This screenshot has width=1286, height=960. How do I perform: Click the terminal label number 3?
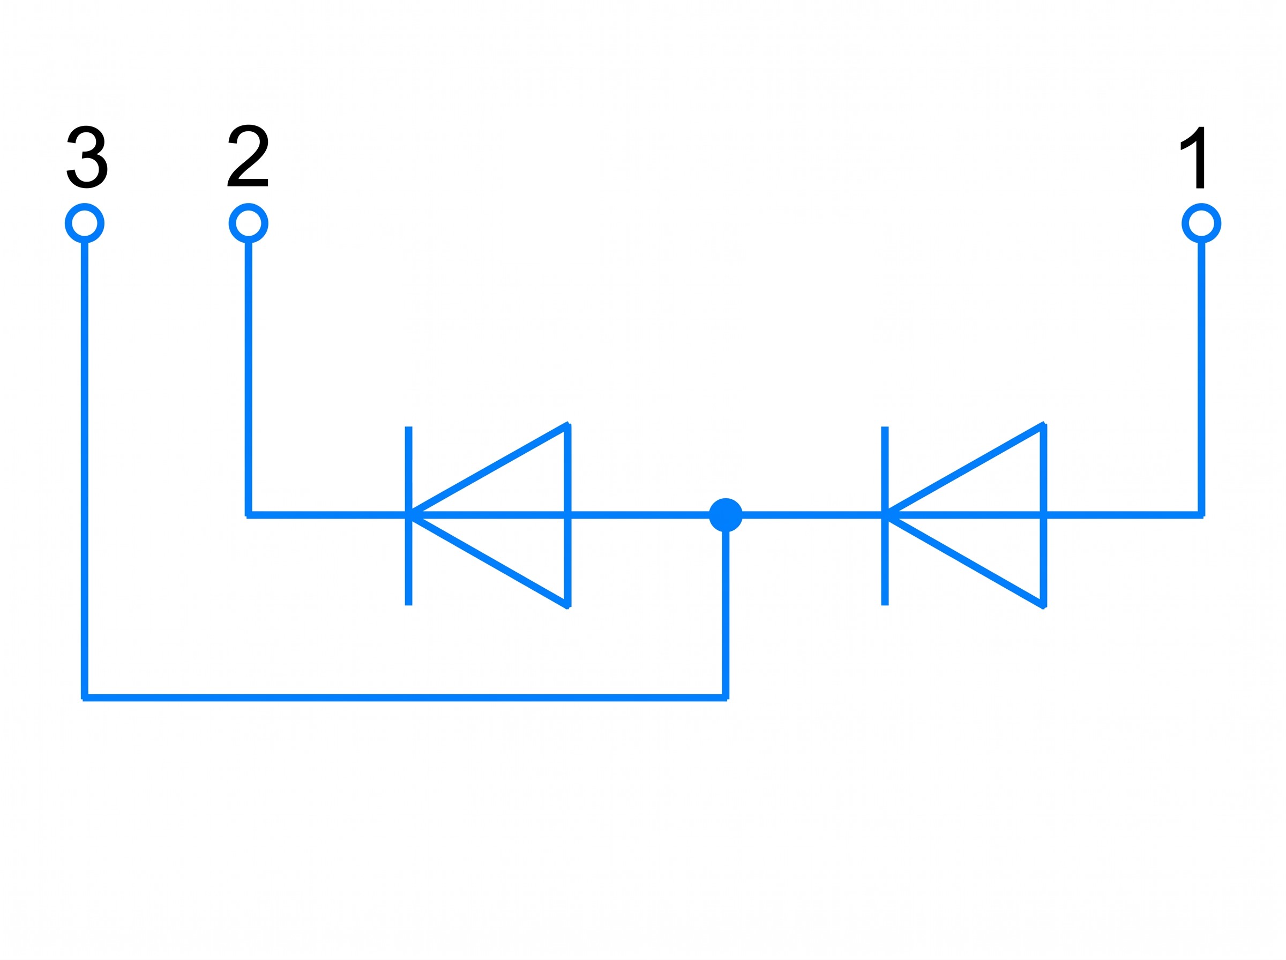87,157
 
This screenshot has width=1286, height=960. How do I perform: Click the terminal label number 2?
248,156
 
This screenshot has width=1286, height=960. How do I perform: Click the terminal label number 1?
1192,157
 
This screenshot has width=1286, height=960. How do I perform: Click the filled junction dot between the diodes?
726,515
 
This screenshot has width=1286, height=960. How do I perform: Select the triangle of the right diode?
1044,515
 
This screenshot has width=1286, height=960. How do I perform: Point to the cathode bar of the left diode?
408,515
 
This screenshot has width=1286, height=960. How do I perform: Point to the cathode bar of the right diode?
885,515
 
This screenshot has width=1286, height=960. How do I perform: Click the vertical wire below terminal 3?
85,469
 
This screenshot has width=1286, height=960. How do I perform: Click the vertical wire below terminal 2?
249,378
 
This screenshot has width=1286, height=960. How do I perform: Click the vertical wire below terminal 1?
1202,378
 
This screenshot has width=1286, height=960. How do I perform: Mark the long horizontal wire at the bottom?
405,697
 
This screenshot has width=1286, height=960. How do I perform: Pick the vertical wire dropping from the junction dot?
726,614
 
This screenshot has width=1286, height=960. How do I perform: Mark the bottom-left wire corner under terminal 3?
85,697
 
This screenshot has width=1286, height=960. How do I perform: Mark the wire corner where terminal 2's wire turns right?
249,515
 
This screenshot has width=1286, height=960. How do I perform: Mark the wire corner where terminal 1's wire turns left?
1202,515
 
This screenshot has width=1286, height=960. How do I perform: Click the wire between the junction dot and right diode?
812,515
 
